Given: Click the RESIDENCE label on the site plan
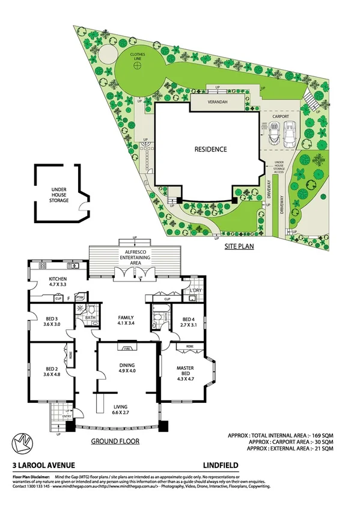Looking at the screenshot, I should click(x=210, y=149).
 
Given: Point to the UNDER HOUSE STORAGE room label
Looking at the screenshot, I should click(x=58, y=195).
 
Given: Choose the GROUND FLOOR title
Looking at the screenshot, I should click(x=115, y=441).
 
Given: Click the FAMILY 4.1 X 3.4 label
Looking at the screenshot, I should click(x=125, y=320).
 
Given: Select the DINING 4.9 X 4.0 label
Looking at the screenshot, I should click(x=126, y=368).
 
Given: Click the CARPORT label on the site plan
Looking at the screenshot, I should click(x=282, y=118).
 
